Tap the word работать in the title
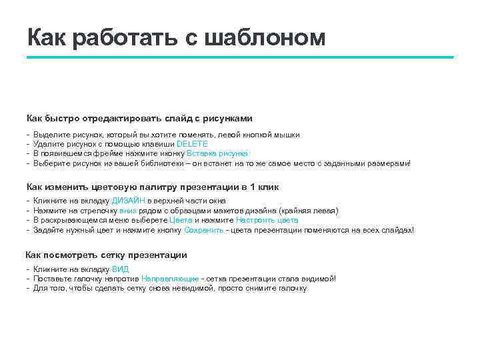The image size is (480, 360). click(x=123, y=39)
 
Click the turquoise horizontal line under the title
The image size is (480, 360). click(x=240, y=57)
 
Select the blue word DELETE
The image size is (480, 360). click(x=192, y=143)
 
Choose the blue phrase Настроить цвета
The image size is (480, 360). click(x=267, y=220)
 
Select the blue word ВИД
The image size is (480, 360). click(x=121, y=269)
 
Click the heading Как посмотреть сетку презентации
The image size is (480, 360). click(x=106, y=255)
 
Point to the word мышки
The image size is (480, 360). click(x=287, y=134)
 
